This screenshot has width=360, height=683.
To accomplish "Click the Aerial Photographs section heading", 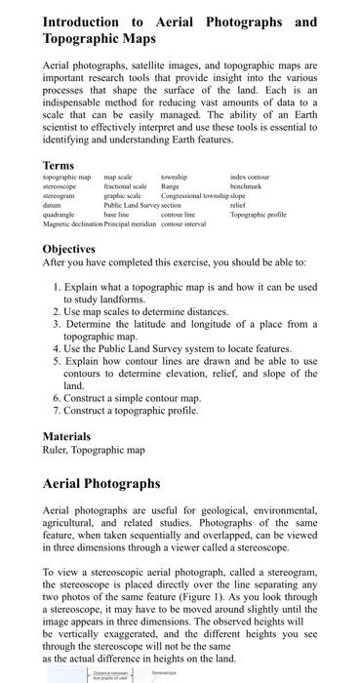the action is tap(101, 483).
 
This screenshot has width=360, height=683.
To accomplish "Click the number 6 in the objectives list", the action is tap(57, 398).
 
